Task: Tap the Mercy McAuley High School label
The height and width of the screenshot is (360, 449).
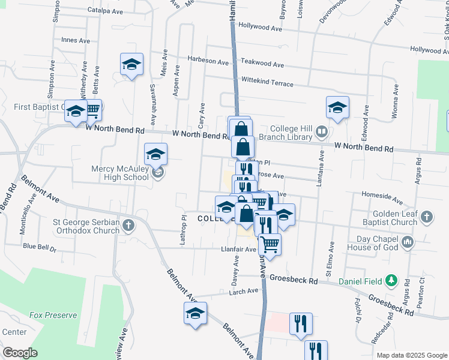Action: point(119,173)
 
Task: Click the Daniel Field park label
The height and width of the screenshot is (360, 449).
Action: point(362,281)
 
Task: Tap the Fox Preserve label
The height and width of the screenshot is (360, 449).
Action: point(53,315)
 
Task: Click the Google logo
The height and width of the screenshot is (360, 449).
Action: point(20,353)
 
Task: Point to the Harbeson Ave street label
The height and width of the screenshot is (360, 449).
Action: point(208,61)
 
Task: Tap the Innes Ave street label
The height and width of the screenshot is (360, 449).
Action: point(76,40)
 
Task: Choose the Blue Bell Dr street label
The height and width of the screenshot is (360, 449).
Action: point(39,247)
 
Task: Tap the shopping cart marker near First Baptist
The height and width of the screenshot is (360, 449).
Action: point(92,110)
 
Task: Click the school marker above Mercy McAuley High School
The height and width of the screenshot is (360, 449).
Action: point(155,154)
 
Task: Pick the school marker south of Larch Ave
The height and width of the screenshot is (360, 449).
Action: point(195,314)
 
